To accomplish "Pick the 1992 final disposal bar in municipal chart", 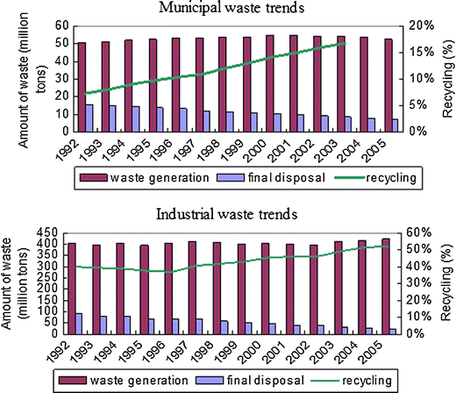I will (x=89, y=117).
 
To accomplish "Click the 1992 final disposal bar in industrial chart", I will (x=79, y=323).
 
